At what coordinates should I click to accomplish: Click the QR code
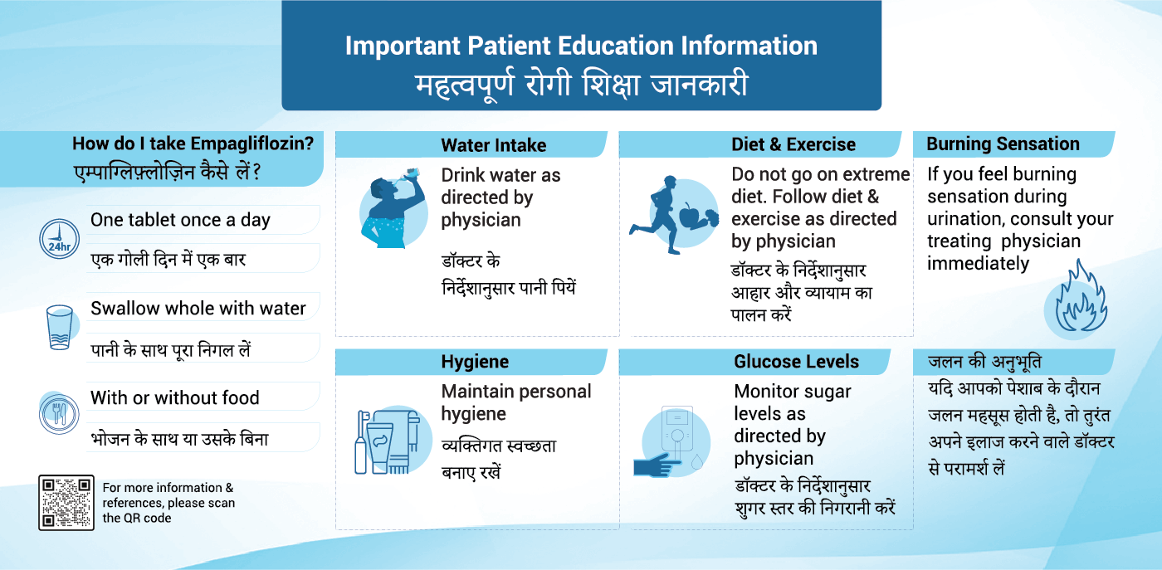pos(66,503)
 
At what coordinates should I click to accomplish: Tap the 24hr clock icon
pos(59,239)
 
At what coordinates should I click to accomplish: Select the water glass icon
pos(60,327)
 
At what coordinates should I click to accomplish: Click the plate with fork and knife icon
pos(59,414)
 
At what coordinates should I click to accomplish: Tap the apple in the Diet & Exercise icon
pos(691,215)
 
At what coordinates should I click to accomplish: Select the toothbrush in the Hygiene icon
pos(362,442)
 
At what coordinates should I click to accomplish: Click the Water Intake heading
pos(493,145)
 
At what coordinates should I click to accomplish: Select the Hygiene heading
pos(475,362)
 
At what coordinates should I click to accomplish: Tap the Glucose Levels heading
pos(796,362)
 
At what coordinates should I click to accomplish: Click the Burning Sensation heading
pos(1003,144)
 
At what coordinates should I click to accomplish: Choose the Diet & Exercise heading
pos(793,144)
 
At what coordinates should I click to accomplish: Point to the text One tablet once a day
pos(180,220)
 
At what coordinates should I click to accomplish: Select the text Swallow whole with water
pos(198,308)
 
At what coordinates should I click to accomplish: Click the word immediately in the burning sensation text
pos(978,264)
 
